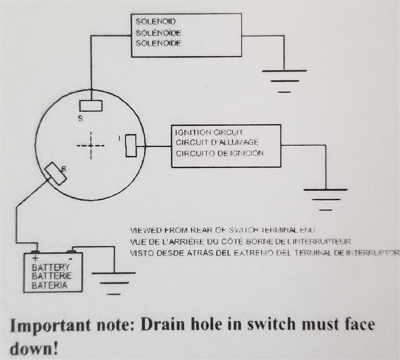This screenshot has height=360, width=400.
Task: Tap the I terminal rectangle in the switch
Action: click(130, 145)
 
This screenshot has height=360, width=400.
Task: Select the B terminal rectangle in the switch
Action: click(56, 174)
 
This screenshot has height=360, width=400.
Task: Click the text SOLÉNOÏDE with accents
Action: click(158, 33)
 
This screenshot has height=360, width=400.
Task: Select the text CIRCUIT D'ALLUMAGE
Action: click(217, 142)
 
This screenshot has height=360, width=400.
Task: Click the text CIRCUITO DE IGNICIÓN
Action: click(219, 153)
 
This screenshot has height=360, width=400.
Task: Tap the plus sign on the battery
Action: click(35, 258)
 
